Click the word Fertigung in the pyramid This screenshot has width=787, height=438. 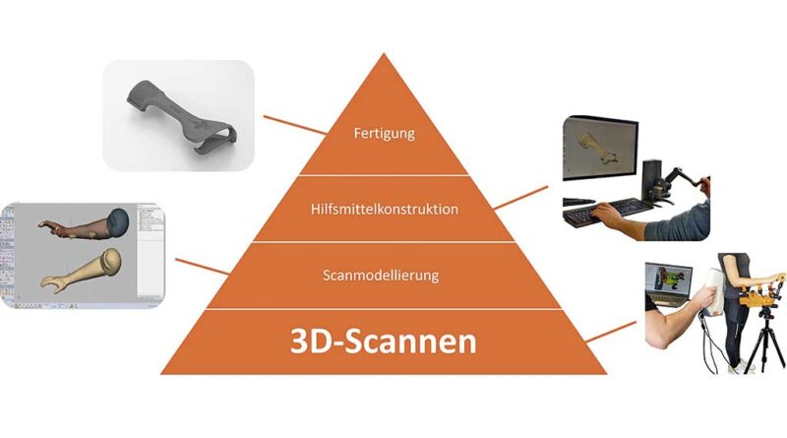tap(385, 134)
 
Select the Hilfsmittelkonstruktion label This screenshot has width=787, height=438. tap(385, 209)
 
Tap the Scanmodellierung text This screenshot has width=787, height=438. tap(381, 276)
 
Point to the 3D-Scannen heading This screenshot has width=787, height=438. tap(384, 342)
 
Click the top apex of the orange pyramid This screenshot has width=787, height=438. tap(384, 53)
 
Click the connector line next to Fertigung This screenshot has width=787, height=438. tap(294, 125)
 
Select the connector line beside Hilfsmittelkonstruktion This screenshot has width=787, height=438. tap(521, 198)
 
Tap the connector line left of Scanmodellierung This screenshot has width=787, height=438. tap(203, 267)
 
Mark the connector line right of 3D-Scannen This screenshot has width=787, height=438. tap(610, 332)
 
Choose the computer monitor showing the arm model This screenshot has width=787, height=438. tap(600, 149)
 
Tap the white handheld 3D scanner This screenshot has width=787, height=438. tap(712, 292)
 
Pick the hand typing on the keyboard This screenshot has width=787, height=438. tap(608, 215)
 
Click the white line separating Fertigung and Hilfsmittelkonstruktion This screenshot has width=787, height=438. tap(384, 175)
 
